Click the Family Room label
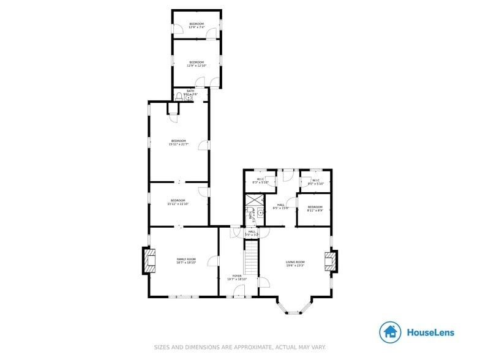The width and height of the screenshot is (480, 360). click(x=186, y=261)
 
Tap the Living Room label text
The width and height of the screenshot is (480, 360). click(x=295, y=264)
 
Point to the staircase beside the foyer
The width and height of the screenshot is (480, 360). click(x=251, y=257)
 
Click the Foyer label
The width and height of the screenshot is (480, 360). click(x=236, y=277)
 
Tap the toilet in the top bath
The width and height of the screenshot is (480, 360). click(x=179, y=96)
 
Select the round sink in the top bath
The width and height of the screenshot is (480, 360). click(x=188, y=96)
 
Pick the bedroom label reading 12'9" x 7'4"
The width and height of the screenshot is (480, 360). click(x=196, y=26)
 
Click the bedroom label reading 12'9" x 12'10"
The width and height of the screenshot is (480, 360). click(x=196, y=64)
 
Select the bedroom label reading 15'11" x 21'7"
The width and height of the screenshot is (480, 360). click(x=178, y=143)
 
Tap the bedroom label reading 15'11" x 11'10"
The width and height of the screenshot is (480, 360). click(x=178, y=202)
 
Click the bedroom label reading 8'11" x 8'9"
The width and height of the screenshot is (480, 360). click(x=315, y=209)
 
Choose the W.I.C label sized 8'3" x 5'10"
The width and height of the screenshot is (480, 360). click(x=260, y=181)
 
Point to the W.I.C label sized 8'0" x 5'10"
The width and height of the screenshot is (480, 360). click(x=315, y=181)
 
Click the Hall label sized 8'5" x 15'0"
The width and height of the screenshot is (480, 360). click(x=280, y=207)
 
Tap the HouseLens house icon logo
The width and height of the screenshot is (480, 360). click(x=390, y=332)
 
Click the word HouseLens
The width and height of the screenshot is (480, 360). click(x=430, y=332)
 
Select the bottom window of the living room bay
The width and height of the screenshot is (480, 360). click(x=295, y=313)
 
